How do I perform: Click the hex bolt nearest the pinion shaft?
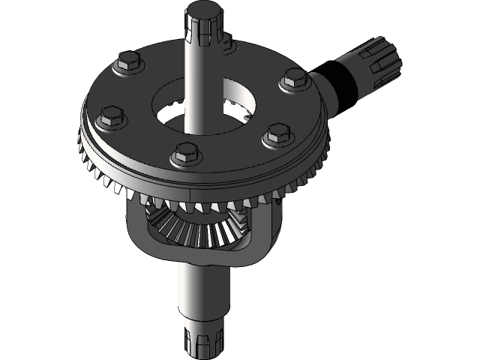click(x=295, y=79)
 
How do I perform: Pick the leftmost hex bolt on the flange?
click(x=109, y=116)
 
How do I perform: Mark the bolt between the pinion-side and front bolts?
click(x=277, y=136)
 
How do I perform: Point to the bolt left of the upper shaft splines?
click(x=127, y=63)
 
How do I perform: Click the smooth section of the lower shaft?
click(x=201, y=292)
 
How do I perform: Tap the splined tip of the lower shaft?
click(x=202, y=338)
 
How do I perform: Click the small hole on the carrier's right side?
click(x=280, y=199)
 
